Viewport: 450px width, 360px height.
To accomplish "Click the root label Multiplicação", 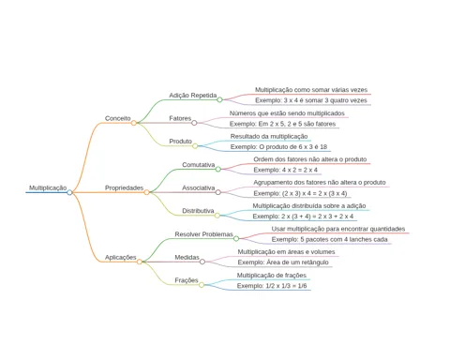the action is click(x=48, y=187).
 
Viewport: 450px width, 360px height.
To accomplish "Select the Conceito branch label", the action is click(x=118, y=118).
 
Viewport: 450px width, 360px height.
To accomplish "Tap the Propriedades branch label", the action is click(x=124, y=187).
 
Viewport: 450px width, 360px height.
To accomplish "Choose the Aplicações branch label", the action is click(x=121, y=258).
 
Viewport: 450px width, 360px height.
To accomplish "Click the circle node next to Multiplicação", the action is click(x=69, y=192).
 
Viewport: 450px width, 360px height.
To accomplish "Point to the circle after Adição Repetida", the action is click(x=219, y=99).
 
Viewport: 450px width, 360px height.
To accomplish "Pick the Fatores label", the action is click(x=180, y=118).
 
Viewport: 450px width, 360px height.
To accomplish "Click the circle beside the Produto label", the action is click(x=195, y=146).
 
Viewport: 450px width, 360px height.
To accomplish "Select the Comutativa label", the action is click(x=199, y=165).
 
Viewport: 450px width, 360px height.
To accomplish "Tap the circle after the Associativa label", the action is click(x=218, y=192).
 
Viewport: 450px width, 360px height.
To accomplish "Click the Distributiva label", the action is click(x=198, y=211).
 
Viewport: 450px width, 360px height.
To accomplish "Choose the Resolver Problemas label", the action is click(x=204, y=234).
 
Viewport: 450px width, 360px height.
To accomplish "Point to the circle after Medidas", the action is click(x=202, y=262).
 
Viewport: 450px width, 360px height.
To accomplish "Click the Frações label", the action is click(x=187, y=280).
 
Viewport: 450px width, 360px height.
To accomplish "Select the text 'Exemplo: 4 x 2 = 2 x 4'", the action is click(x=286, y=170).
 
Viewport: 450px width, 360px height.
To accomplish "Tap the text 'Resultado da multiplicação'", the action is click(x=269, y=136).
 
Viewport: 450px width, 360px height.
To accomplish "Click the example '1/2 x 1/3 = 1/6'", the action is click(x=286, y=286).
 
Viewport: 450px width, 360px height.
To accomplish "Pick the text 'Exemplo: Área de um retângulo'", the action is click(x=283, y=262).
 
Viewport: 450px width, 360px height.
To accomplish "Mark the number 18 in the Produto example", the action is click(x=323, y=147).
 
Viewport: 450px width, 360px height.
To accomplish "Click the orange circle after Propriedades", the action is click(x=146, y=192).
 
